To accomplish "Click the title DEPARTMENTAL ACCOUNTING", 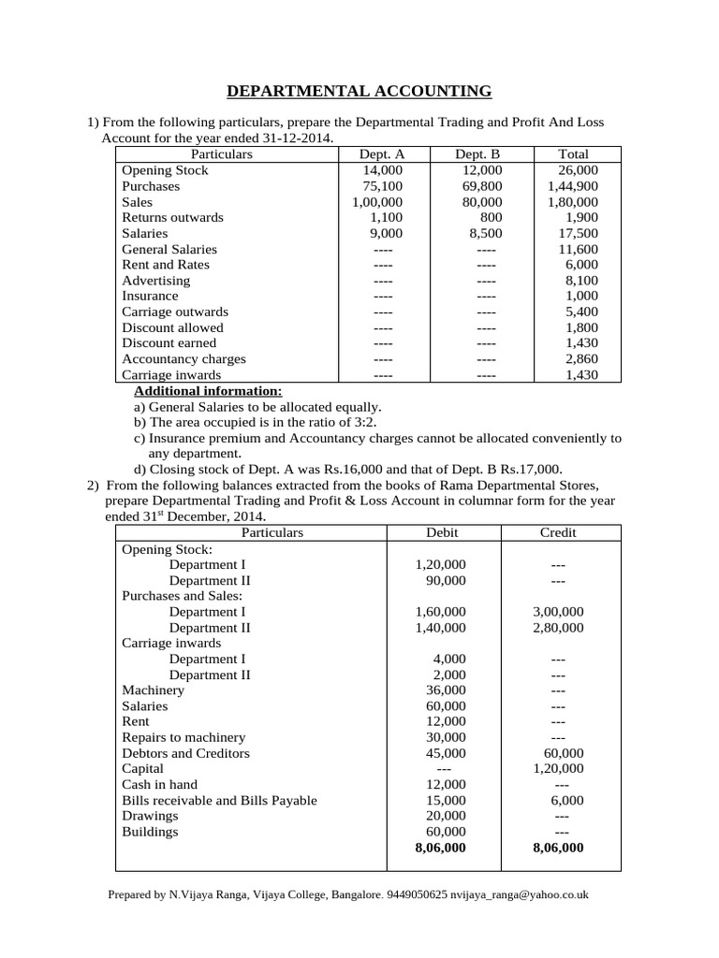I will tap(359, 91).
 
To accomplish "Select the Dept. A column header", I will tap(382, 154).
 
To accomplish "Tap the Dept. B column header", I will tap(477, 154).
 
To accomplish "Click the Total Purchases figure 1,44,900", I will tap(573, 186).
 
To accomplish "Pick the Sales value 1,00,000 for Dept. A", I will tap(377, 202).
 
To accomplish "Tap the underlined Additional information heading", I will tap(208, 391).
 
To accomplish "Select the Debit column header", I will tap(443, 532).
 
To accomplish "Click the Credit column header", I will tap(558, 532).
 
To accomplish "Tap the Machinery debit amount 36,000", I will tap(446, 690).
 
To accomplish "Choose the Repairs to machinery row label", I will tap(183, 737).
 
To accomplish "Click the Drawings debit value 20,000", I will tap(446, 816).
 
